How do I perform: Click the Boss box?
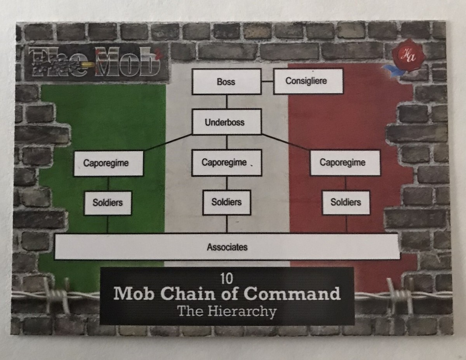[226, 81]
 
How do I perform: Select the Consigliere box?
[308, 81]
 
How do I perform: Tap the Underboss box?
[227, 122]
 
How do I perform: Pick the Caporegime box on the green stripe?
[108, 163]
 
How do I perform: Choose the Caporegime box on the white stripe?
[226, 163]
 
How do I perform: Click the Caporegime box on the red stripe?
[345, 163]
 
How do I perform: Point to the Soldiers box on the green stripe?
[108, 203]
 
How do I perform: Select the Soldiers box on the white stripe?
[227, 202]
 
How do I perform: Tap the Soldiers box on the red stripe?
[346, 202]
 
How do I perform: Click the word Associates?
[227, 247]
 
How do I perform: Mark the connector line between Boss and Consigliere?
[267, 81]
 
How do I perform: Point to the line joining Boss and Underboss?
[227, 102]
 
